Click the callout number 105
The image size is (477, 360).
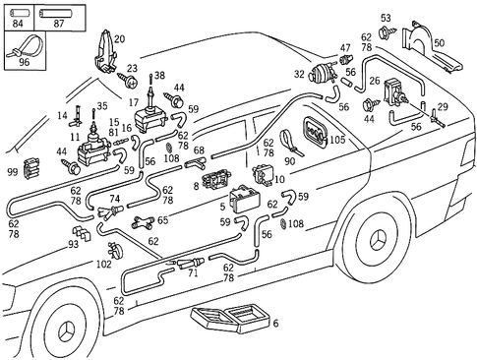[x=337, y=141]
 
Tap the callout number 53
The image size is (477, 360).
[x=386, y=18]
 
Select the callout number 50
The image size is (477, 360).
[x=439, y=43]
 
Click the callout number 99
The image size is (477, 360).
[x=14, y=172]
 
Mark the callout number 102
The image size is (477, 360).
[x=104, y=264]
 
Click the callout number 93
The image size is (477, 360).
[x=74, y=245]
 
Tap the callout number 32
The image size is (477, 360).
[x=299, y=74]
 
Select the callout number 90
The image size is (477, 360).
[x=289, y=161]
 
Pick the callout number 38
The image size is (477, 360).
[x=159, y=76]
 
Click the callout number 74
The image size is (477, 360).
[x=115, y=199]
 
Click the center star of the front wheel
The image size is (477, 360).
[x=68, y=336]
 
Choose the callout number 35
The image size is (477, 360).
[x=101, y=106]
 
